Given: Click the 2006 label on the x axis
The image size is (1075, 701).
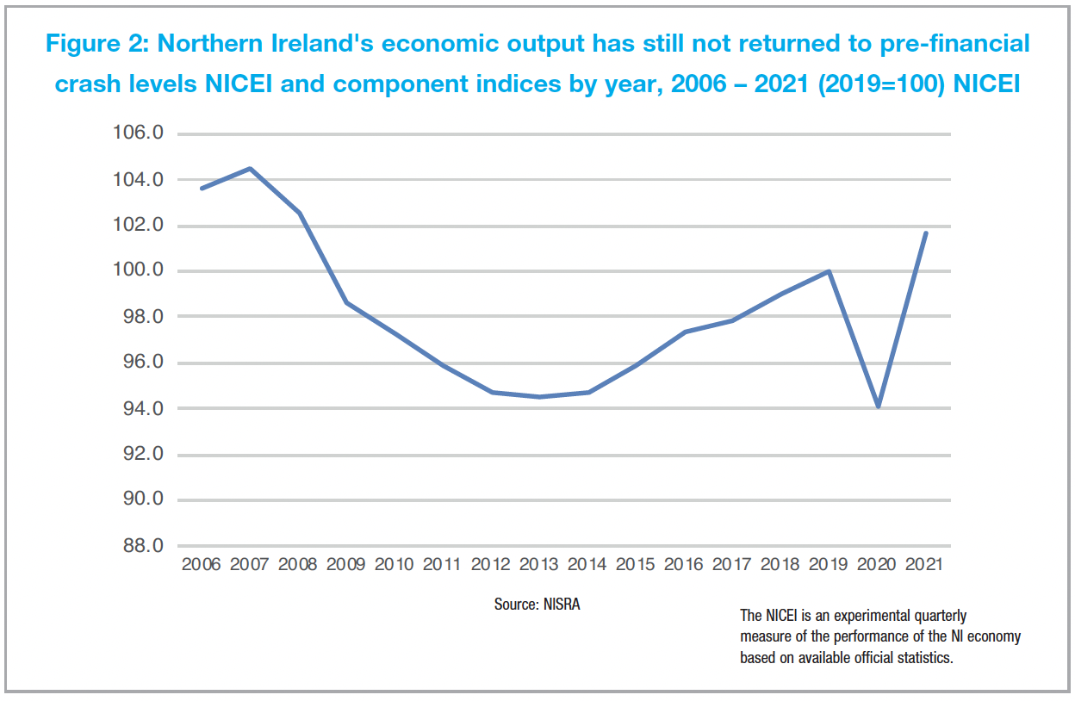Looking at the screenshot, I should [x=201, y=565].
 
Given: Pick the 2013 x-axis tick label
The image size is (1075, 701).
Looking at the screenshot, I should [x=539, y=565].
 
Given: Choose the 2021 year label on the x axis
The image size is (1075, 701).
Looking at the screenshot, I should [x=926, y=565].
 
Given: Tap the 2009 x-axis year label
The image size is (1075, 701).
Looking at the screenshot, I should [x=346, y=565].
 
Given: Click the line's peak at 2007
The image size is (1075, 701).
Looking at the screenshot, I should [x=250, y=169].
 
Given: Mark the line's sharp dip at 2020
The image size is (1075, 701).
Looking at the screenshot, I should [x=878, y=406].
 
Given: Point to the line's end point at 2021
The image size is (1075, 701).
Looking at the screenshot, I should [x=926, y=233].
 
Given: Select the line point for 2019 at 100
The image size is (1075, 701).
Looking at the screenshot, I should [x=830, y=271].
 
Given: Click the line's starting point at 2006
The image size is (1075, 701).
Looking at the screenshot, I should [x=202, y=188].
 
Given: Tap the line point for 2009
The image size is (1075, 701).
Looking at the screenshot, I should [x=346, y=302].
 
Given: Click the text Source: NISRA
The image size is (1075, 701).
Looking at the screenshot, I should [x=537, y=605].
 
